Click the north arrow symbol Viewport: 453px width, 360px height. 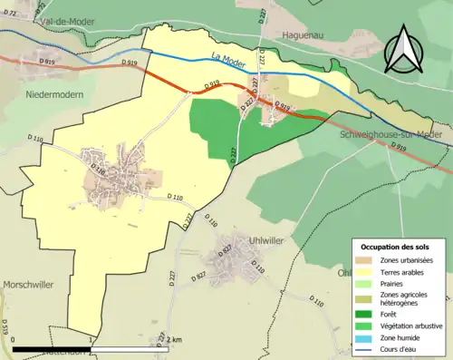point(403,50)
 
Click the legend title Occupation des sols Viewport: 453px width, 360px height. point(399,247)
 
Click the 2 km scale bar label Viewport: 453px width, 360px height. point(176,338)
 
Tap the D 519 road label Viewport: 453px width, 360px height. point(6,325)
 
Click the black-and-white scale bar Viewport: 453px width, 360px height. point(91,349)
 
